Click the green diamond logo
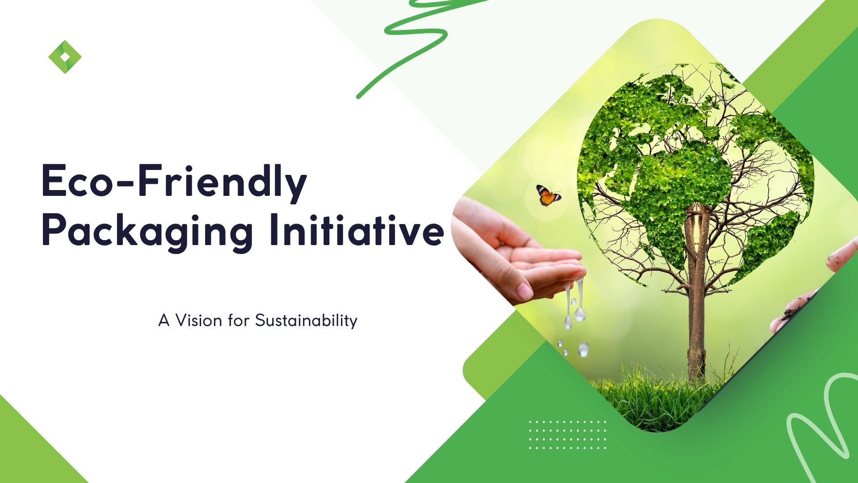coord(65,57)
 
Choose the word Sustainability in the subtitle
coord(306,321)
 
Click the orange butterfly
coord(548,195)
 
